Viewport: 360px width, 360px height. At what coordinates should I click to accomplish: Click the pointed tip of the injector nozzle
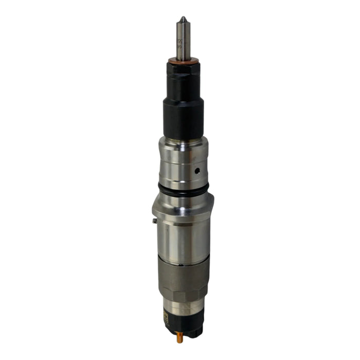pos(183,19)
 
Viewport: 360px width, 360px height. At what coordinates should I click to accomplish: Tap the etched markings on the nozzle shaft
pos(180,44)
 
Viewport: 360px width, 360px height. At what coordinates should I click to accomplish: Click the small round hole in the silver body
pos(196,169)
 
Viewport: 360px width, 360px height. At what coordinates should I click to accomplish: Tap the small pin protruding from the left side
pos(155,221)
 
